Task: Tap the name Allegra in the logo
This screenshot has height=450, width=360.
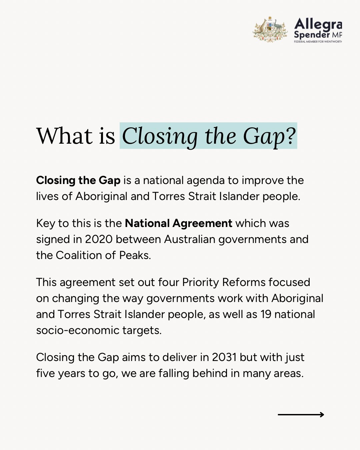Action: (318, 24)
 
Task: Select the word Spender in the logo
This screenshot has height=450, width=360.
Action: (312, 35)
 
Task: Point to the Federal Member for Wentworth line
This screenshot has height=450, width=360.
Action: (318, 42)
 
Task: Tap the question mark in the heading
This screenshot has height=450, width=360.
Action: (290, 136)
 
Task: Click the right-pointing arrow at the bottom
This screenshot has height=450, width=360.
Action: (301, 415)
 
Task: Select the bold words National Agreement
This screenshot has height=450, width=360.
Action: (178, 223)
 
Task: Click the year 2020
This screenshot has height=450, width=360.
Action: (99, 239)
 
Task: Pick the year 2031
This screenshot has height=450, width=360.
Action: (224, 357)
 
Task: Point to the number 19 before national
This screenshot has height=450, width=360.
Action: (266, 314)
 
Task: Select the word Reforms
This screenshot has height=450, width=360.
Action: (244, 282)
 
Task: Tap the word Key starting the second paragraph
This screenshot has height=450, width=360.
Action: (46, 223)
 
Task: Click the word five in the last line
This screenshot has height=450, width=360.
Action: (46, 373)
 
